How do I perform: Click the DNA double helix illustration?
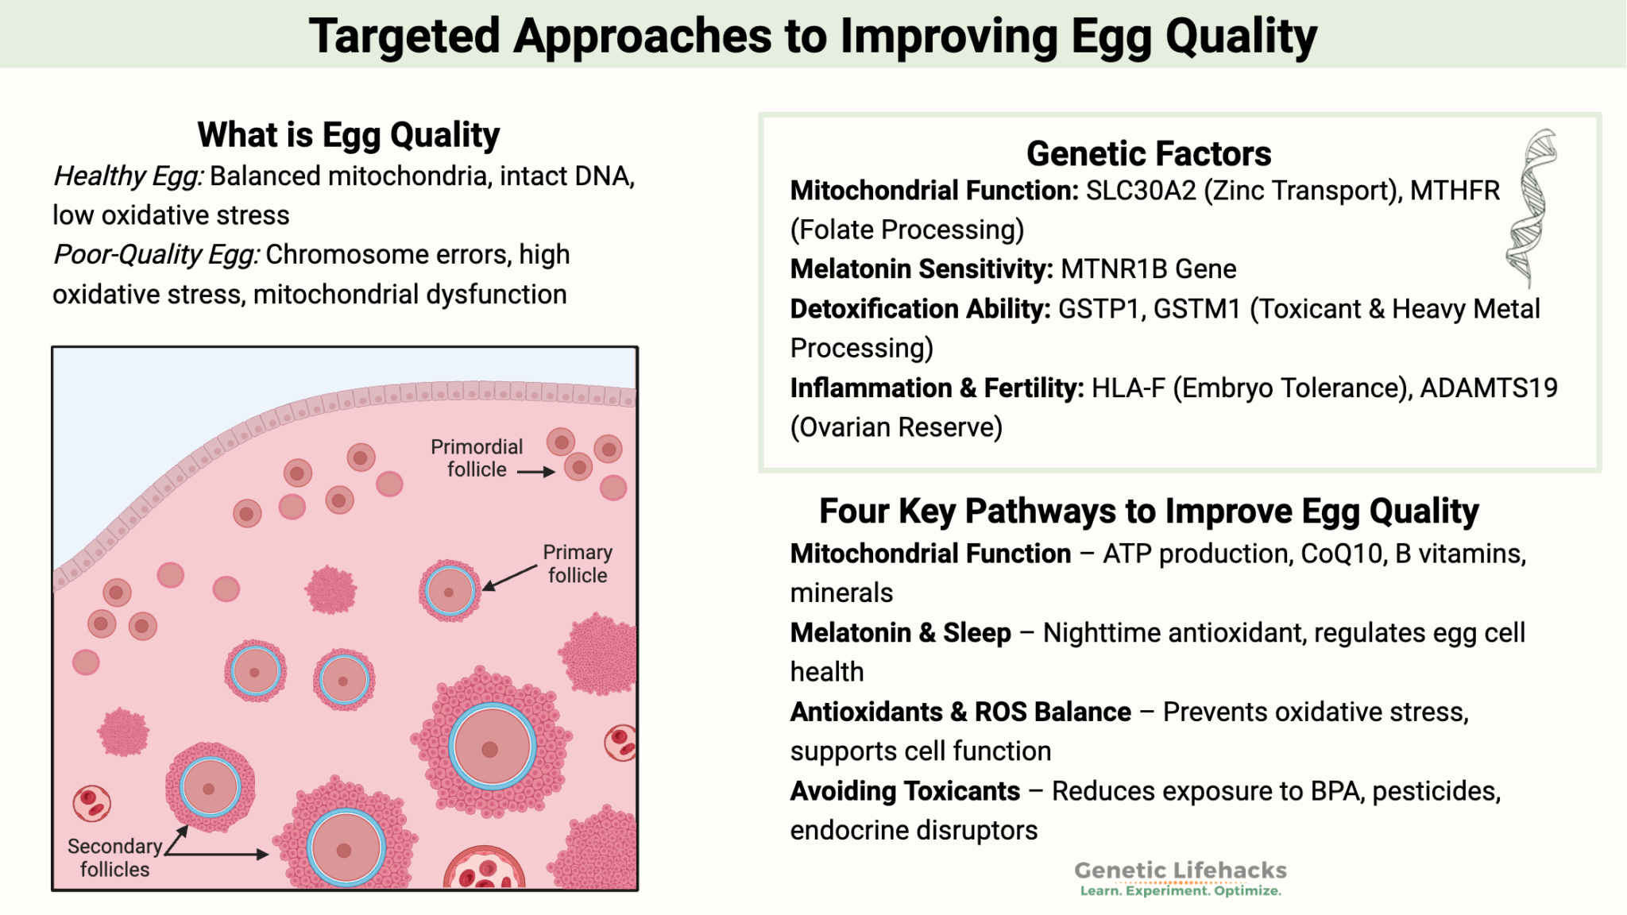pos(1532,208)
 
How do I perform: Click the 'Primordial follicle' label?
pos(477,458)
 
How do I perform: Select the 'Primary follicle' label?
pos(578,563)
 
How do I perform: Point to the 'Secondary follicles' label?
pos(115,858)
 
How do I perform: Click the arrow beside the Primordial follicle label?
pos(536,472)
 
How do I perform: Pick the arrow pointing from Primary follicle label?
pos(510,577)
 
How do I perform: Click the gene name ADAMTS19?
pos(1489,388)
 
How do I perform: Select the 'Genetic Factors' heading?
pos(1149,153)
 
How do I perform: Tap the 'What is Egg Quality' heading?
pos(349,135)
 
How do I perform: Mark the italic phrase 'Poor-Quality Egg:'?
pos(157,255)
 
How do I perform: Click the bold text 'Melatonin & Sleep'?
pos(901,633)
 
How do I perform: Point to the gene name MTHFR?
pos(1455,191)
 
